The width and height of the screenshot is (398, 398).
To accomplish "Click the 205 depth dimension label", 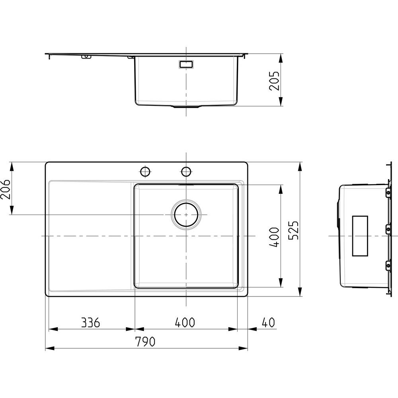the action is (x=274, y=81).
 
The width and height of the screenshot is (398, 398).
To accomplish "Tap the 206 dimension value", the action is (x=5, y=189).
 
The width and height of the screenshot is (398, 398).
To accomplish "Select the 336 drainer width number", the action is (x=91, y=323).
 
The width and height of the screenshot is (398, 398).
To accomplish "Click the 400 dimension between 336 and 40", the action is (x=185, y=322).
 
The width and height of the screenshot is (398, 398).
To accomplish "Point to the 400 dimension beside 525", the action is (x=274, y=237).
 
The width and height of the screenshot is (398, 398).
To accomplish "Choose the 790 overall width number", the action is (x=145, y=342).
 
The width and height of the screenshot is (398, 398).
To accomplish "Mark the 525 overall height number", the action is (x=294, y=230).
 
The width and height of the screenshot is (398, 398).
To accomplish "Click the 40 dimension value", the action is (x=268, y=323).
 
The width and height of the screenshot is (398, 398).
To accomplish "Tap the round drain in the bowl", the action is (x=186, y=215).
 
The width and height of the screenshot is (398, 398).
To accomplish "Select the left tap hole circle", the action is (x=146, y=171).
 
